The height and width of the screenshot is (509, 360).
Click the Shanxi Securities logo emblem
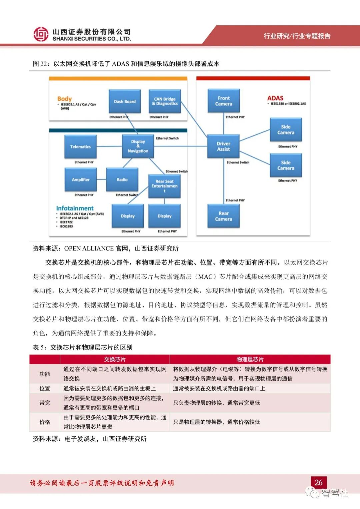click(x=41, y=34)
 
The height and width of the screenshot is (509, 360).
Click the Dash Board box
click(x=125, y=101)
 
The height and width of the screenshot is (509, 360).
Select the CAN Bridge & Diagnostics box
click(x=165, y=101)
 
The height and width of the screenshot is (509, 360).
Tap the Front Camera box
click(x=223, y=101)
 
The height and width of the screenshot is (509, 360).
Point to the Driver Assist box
click(x=223, y=146)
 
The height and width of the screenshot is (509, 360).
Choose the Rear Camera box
click(x=223, y=216)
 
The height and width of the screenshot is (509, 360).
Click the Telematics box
click(x=80, y=147)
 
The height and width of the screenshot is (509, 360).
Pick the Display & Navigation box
click(x=138, y=146)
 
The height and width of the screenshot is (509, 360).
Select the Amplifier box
click(x=81, y=180)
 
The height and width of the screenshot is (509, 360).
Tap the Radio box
click(x=122, y=180)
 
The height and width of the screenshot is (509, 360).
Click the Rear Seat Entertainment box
click(x=164, y=186)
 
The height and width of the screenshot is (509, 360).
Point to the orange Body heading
click(x=64, y=99)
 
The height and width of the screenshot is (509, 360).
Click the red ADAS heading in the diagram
click(x=275, y=98)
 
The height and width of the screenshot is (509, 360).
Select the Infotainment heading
click(x=75, y=208)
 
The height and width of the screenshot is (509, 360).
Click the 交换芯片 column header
click(x=115, y=359)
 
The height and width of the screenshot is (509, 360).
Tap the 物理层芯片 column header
click(x=250, y=359)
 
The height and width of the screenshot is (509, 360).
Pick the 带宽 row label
click(x=45, y=403)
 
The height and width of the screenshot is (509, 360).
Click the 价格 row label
click(x=45, y=422)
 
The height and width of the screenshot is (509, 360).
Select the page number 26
click(x=318, y=482)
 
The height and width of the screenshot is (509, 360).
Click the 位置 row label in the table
click(x=45, y=388)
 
